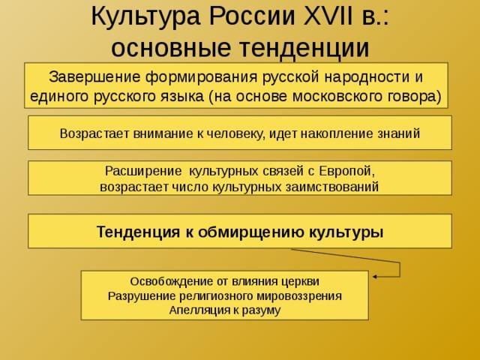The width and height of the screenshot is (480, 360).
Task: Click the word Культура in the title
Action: point(145,17)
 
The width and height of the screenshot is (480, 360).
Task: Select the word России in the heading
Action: point(252,16)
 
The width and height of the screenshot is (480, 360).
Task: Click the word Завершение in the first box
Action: point(94,77)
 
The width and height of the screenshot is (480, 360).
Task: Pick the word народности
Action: point(367,76)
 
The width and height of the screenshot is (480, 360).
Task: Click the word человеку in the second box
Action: point(233,133)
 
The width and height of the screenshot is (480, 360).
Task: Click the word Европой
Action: point(346,171)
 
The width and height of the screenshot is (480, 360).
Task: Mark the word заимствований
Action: point(332,187)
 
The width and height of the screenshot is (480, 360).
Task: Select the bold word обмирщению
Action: point(250,232)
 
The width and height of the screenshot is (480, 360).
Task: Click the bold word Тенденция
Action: point(138,232)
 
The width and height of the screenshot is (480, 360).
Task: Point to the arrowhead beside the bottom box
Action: point(374,277)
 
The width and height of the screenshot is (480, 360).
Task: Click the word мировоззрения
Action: point(298,296)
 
